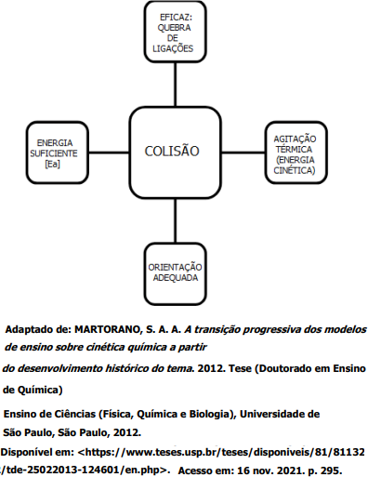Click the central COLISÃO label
click(x=172, y=151)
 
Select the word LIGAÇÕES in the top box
click(x=173, y=48)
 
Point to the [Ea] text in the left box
click(x=52, y=164)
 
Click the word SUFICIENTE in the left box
click(x=54, y=153)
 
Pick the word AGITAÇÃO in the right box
click(x=295, y=139)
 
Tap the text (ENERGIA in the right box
click(x=295, y=160)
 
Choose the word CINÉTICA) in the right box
click(x=295, y=170)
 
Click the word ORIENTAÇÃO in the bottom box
click(x=175, y=267)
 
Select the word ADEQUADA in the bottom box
click(x=176, y=277)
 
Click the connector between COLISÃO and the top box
click(x=176, y=85)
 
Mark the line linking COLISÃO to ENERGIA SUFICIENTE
click(x=109, y=152)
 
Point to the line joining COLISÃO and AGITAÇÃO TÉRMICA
click(x=243, y=152)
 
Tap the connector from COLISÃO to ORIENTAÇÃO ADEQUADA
click(x=176, y=220)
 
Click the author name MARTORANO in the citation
click(x=108, y=330)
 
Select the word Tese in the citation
click(x=240, y=368)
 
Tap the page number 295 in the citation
click(x=330, y=470)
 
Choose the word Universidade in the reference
click(x=273, y=414)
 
